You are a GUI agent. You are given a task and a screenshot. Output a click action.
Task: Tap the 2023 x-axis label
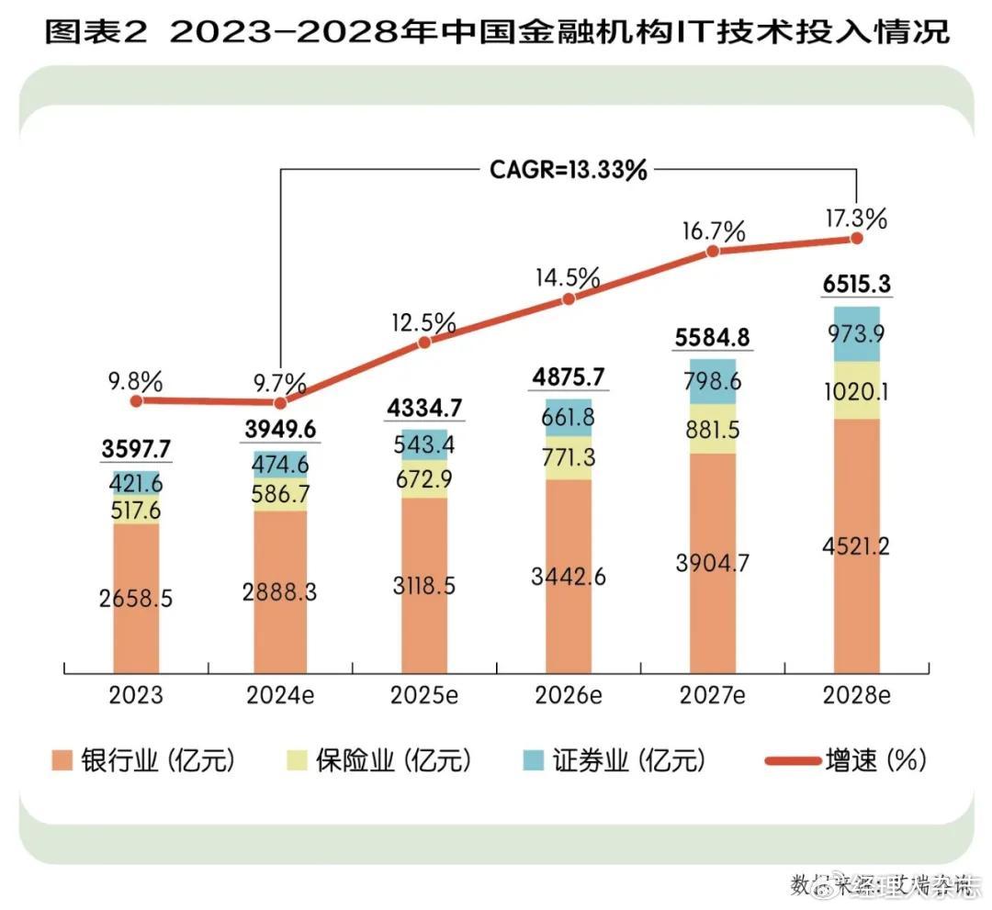pyautogui.click(x=136, y=695)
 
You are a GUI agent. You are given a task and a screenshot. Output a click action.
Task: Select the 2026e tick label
pyautogui.click(x=568, y=695)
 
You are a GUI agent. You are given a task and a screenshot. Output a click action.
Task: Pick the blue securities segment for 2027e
pyautogui.click(x=713, y=381)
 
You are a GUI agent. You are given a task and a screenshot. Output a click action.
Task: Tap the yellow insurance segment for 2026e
pyautogui.click(x=569, y=457)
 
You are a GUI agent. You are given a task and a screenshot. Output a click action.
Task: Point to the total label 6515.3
pyautogui.click(x=857, y=284)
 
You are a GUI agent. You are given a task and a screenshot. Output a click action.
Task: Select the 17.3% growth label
pyautogui.click(x=856, y=219)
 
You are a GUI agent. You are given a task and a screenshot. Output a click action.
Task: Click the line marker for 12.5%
pyautogui.click(x=424, y=343)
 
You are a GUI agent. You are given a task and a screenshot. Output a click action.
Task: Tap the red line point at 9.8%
pyautogui.click(x=137, y=400)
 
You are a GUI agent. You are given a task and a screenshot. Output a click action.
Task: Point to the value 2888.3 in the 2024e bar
pyautogui.click(x=280, y=592)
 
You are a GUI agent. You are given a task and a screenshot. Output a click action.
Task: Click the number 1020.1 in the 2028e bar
pyautogui.click(x=857, y=392)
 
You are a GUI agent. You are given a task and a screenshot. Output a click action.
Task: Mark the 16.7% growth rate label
pyautogui.click(x=712, y=231)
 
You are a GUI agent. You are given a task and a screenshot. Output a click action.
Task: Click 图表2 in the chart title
pyautogui.click(x=99, y=34)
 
